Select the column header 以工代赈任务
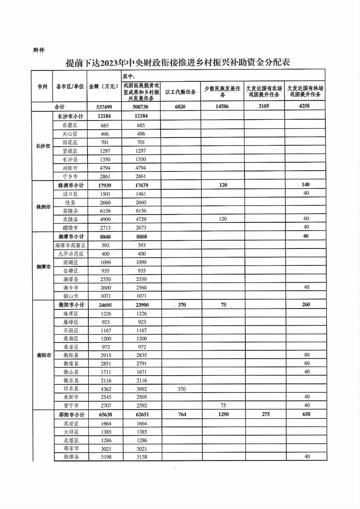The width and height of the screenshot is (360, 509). (x=180, y=92)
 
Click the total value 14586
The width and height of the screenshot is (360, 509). (x=223, y=107)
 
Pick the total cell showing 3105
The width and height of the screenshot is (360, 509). (x=264, y=107)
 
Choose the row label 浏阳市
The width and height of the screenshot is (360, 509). (x=70, y=167)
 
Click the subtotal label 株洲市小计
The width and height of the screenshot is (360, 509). (x=70, y=185)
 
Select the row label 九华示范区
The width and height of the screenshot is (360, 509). (x=70, y=254)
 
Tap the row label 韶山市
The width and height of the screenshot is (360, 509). (x=70, y=296)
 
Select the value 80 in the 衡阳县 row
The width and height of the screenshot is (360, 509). (x=306, y=355)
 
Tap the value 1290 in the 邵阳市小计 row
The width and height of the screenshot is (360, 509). (x=223, y=415)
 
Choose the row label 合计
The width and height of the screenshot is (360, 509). (x=59, y=107)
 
